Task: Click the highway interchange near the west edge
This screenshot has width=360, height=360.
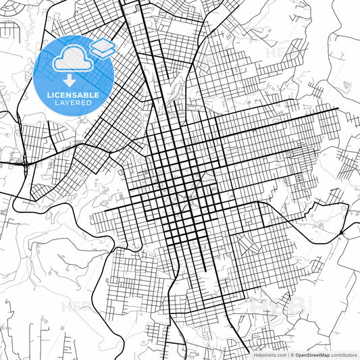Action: coord(25,163)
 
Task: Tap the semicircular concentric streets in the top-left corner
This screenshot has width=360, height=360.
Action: coord(10,30)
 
